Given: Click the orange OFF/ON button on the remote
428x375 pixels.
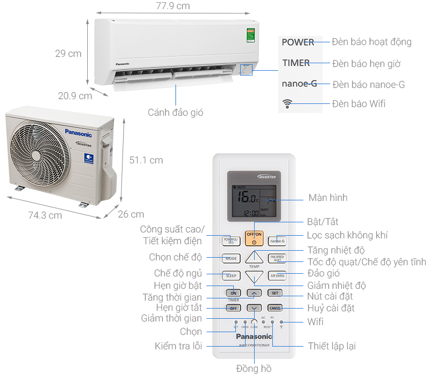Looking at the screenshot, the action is click(254, 237).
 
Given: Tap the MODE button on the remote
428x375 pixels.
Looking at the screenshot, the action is click(231, 258).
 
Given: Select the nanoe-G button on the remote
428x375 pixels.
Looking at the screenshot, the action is click(277, 241).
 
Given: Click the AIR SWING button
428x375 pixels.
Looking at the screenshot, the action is click(277, 276).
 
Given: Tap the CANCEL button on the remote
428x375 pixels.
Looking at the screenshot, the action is click(275, 308).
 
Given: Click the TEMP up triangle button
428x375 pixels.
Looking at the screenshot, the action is click(255, 258).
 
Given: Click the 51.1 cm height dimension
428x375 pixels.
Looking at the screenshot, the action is click(146, 160).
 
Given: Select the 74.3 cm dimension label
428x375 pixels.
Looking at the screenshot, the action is click(44, 215).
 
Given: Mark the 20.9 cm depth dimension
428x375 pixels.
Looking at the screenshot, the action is click(75, 96).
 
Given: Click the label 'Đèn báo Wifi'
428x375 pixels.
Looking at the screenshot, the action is click(358, 103).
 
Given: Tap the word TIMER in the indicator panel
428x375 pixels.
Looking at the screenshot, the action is click(296, 63).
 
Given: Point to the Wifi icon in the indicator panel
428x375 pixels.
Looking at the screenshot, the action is click(289, 104).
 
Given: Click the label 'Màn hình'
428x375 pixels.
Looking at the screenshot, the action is click(328, 198).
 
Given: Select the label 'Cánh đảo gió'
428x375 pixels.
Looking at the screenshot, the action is click(175, 112).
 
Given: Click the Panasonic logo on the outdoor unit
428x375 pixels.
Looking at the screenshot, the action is click(79, 133).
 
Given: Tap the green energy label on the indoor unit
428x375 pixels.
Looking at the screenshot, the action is click(250, 36).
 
